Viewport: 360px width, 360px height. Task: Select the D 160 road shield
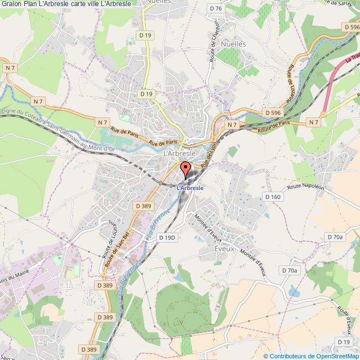click(x=273, y=197)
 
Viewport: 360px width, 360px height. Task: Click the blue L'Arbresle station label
click(x=189, y=188)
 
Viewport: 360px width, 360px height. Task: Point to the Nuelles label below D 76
click(x=233, y=42)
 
